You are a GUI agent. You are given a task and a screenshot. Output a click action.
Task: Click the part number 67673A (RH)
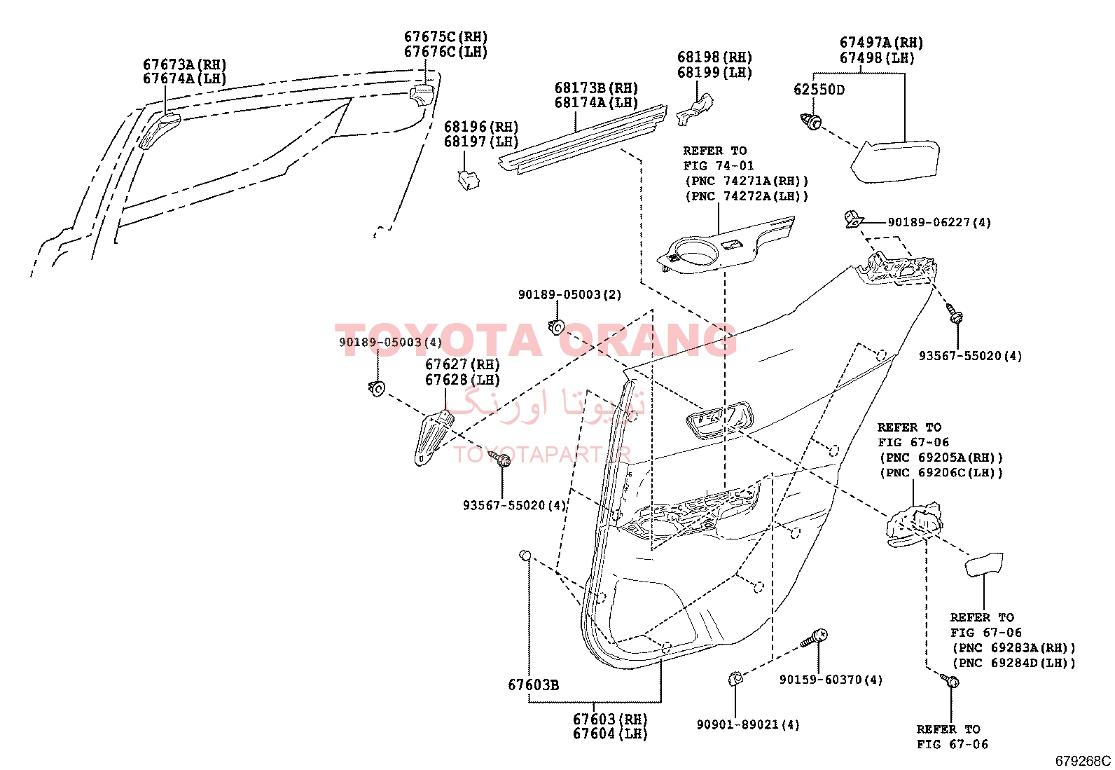coord(185,64)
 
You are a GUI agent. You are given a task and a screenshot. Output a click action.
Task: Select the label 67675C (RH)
coord(445,37)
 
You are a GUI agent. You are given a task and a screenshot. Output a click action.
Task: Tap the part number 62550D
coord(819,90)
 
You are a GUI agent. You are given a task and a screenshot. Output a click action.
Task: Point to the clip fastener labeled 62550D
coord(811,121)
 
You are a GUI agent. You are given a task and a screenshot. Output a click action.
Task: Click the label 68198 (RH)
coord(714,57)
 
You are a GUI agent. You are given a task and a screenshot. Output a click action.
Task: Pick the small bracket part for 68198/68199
coord(694,109)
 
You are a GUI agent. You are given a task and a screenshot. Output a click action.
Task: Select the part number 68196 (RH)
coord(481,127)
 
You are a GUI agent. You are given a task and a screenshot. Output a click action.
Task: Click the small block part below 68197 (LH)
coord(468,180)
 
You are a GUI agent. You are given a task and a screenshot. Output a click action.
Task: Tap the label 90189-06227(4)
coord(939,222)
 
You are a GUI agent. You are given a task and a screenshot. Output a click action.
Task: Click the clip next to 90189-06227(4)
coord(854,219)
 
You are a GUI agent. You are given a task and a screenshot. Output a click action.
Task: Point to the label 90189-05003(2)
coord(569,295)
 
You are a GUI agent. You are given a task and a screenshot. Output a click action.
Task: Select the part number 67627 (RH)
coord(462,364)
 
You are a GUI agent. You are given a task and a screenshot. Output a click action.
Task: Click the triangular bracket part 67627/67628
coord(432,437)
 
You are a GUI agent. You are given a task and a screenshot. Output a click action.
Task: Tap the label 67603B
coord(533,685)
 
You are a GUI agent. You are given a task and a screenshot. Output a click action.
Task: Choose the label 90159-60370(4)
coord(831,680)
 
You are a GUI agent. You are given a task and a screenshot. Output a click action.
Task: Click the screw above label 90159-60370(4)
coord(814,638)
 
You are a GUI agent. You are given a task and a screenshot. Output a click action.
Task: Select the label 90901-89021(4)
coord(748,724)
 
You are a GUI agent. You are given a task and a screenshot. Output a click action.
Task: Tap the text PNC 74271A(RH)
coord(747,181)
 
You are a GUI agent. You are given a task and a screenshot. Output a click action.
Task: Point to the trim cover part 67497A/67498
coord(894,161)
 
